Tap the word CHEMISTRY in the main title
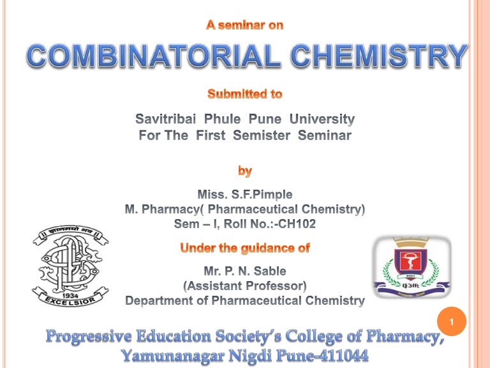tap(379, 57)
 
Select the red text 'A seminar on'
tap(245, 26)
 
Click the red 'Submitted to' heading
tap(245, 94)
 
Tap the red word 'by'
tap(245, 171)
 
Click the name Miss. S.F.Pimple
tap(245, 194)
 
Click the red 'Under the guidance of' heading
tap(245, 247)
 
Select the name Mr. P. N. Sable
tap(245, 271)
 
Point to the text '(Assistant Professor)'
tap(245, 286)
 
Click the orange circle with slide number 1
tap(452, 323)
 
